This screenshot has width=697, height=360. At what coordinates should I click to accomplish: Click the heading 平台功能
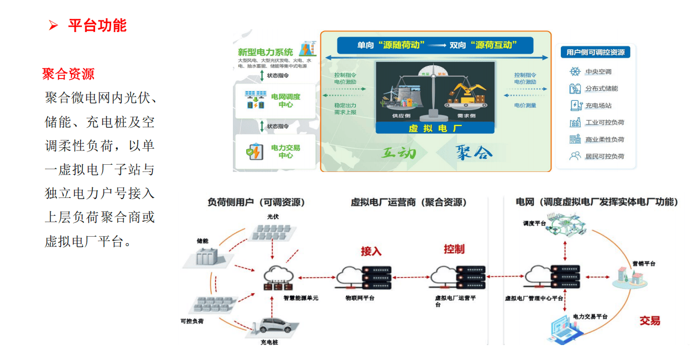coord(97,25)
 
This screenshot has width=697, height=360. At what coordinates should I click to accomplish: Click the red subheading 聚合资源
coord(68,74)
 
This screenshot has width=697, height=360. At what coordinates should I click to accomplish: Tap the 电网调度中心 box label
coord(285,100)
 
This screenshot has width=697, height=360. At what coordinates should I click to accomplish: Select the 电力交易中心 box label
coord(285,152)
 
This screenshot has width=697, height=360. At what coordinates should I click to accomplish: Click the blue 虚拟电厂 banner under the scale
coord(434,128)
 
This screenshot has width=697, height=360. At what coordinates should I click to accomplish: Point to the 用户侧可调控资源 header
coord(595,52)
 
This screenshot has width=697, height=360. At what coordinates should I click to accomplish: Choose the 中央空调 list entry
coord(598,71)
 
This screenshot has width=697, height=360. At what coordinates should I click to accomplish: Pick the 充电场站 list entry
coord(598,105)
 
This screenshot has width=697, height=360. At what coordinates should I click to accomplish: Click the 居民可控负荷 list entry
coord(604,156)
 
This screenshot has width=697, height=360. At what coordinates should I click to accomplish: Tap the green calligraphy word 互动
coord(398,153)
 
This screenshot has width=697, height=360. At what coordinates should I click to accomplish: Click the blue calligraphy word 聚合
coord(474,152)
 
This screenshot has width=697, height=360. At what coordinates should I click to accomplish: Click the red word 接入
coord(371,251)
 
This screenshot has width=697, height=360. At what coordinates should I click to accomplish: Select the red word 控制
coord(454,249)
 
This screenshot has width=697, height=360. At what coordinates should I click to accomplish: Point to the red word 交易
coord(650,321)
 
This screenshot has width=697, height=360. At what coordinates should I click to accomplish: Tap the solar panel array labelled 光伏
coord(271,232)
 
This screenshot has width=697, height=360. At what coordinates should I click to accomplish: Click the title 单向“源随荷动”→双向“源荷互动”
coord(436,45)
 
